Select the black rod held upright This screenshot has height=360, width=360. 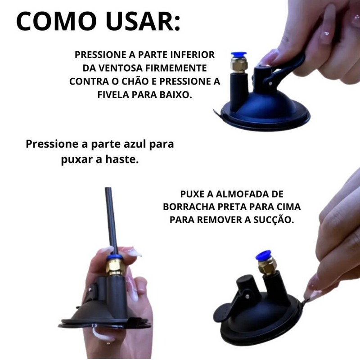pyautogui.click(x=109, y=220)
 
